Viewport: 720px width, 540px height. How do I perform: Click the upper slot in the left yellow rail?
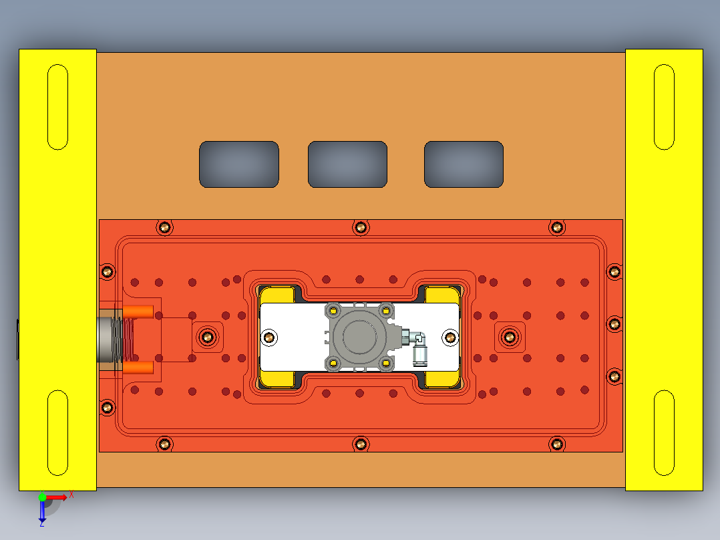(x=58, y=107)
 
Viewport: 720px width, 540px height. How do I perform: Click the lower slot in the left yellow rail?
(x=58, y=433)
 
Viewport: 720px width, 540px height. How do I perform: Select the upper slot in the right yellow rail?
(x=664, y=107)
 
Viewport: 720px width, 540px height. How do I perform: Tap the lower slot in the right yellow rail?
(x=664, y=433)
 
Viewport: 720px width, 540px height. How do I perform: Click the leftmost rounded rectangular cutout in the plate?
(x=238, y=164)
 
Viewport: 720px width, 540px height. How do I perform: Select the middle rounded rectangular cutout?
(x=347, y=164)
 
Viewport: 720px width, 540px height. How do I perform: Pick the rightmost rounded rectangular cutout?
(x=464, y=164)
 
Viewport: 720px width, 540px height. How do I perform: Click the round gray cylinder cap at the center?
(x=358, y=336)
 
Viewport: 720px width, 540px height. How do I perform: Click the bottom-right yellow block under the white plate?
(x=442, y=380)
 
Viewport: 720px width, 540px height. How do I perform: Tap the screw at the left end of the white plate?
(x=270, y=337)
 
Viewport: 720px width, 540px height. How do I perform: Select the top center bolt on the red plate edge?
(x=361, y=227)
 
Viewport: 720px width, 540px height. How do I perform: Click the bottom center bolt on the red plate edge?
(x=361, y=443)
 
